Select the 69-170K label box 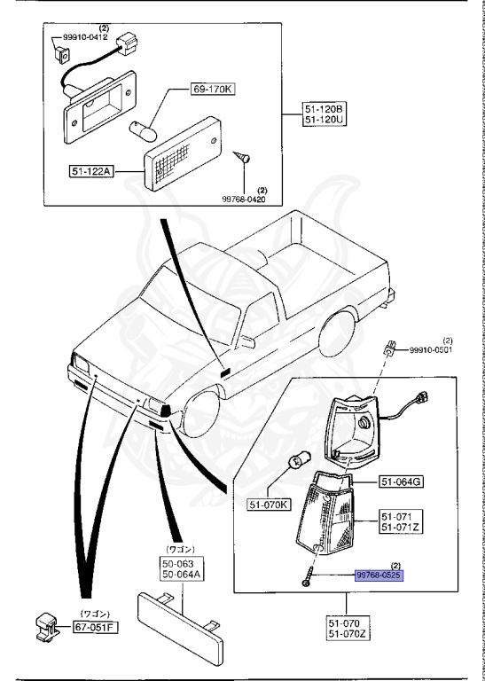point(212,90)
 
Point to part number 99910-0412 point(85,37)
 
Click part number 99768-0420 point(244,199)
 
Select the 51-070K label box point(270,505)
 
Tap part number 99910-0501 point(430,350)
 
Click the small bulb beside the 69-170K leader point(142,130)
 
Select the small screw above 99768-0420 point(241,157)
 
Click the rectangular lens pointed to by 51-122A point(183,153)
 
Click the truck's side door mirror point(247,341)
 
